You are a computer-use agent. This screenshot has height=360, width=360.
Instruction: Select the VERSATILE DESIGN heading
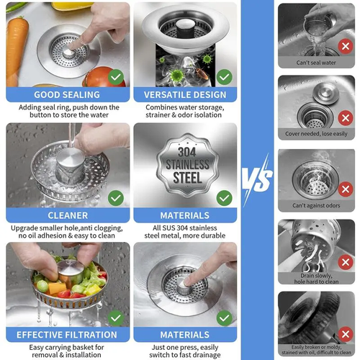point(185,95)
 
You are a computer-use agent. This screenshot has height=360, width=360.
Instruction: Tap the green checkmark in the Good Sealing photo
point(115,76)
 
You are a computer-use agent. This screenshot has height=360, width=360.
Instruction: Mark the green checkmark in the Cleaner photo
point(115,197)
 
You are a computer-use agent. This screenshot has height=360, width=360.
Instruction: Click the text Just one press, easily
point(185,346)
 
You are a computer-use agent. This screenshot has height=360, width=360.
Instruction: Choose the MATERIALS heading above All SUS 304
point(185,215)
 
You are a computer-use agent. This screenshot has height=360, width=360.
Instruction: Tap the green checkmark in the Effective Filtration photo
point(115,316)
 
